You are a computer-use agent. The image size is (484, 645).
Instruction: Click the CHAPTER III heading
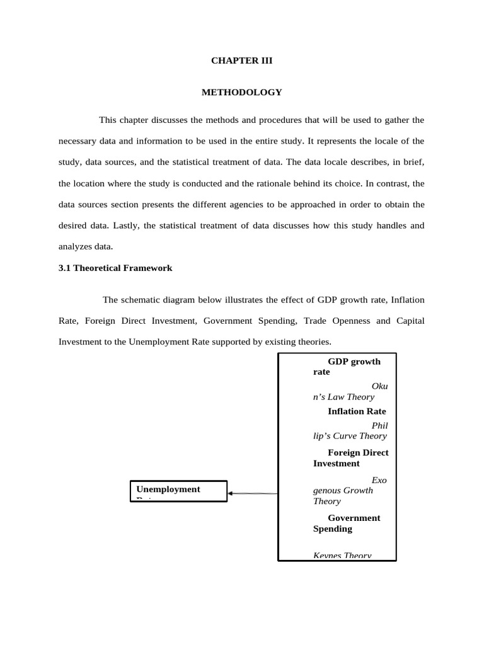(241, 61)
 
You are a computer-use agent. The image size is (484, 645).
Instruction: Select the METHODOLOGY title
(241, 93)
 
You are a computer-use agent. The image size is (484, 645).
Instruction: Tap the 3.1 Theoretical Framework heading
(115, 268)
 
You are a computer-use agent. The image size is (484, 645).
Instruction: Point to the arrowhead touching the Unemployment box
(231, 493)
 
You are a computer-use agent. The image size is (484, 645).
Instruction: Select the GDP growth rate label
(347, 367)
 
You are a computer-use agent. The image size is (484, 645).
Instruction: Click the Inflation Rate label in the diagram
(357, 411)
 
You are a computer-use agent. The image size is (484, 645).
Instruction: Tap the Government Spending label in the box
(347, 523)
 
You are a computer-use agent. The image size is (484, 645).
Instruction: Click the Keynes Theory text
(342, 556)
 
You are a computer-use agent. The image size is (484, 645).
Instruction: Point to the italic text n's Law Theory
(343, 397)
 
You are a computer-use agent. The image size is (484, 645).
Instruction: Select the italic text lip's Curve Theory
(350, 436)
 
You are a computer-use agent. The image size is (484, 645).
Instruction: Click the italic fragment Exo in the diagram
(379, 480)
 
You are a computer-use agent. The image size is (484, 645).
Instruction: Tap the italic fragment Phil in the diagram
(379, 425)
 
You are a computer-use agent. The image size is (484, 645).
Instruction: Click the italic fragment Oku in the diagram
(380, 386)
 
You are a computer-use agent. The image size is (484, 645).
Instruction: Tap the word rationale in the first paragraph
(277, 183)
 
